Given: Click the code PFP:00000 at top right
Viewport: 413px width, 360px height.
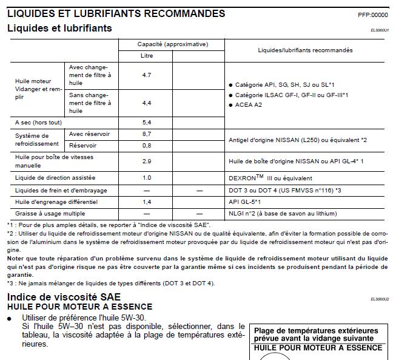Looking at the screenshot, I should pos(373,15).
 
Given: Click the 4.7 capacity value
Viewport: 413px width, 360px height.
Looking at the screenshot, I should pos(146,75).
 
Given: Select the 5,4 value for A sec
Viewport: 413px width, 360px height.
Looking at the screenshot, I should pos(146,122).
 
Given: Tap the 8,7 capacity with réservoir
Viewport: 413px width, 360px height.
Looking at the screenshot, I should pos(146,134).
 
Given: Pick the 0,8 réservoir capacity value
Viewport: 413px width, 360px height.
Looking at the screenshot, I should pos(146,146).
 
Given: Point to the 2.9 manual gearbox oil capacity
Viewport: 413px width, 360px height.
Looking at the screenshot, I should pos(146,161).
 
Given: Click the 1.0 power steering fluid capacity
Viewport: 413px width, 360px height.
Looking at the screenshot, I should pos(146,178).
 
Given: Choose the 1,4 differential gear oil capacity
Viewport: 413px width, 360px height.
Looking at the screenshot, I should pos(146,202).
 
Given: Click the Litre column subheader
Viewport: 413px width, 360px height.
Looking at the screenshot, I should pos(146,56).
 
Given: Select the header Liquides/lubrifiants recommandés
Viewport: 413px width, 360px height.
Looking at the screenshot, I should pos(304,50).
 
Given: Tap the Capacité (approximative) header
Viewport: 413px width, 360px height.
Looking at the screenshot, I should pos(172,44).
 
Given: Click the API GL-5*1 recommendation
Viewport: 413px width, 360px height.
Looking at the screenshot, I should pos(244,202).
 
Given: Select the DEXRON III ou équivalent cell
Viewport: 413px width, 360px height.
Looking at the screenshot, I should pos(270,178).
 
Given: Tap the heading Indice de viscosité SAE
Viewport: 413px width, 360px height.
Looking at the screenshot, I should pos(64,297).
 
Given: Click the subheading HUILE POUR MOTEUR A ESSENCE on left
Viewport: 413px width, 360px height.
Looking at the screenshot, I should pos(79,307).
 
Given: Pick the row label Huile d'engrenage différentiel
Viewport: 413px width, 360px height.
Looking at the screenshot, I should pos(56,202).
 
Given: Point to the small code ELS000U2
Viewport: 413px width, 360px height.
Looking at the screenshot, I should pos(380,299).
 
